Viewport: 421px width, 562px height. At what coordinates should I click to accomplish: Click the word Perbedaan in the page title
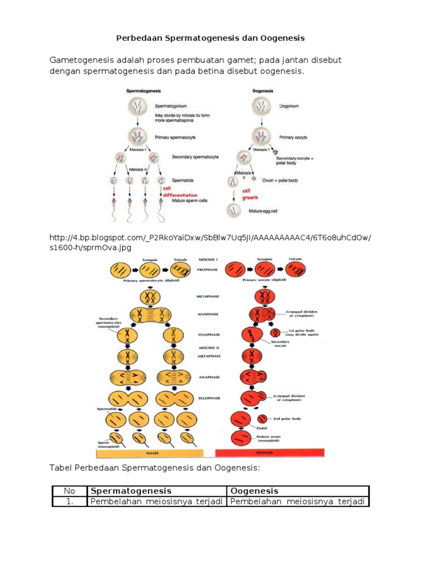coord(139,38)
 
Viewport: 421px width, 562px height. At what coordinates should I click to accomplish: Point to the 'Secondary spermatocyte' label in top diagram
coord(195,157)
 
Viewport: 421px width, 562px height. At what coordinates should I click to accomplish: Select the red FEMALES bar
coord(269,453)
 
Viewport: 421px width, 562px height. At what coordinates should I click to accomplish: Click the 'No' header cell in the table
coord(69,491)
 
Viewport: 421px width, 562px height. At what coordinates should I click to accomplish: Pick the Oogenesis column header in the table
coord(255,491)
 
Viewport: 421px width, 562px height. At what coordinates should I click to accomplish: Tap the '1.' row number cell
coord(69,502)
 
